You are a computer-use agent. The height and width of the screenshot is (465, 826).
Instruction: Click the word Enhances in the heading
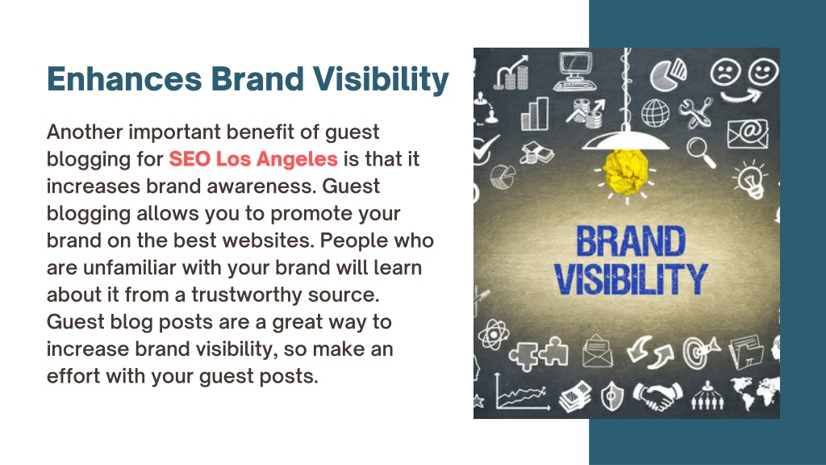pyautogui.click(x=124, y=79)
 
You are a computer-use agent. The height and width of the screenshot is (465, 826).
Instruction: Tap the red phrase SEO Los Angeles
pyautogui.click(x=252, y=159)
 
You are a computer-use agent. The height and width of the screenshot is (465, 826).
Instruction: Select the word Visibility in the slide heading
pyautogui.click(x=381, y=80)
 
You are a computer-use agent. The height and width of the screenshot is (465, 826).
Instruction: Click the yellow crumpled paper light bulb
pyautogui.click(x=625, y=171)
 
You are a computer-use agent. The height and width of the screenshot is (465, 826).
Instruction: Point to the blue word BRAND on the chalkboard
pyautogui.click(x=631, y=241)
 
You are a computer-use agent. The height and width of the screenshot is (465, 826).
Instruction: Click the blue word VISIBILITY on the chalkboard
pyautogui.click(x=631, y=279)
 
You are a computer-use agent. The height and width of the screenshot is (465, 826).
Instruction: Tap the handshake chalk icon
pyautogui.click(x=657, y=396)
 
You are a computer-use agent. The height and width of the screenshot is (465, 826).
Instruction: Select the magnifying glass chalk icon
pyautogui.click(x=702, y=152)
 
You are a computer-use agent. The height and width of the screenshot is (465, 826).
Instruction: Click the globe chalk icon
pyautogui.click(x=655, y=112)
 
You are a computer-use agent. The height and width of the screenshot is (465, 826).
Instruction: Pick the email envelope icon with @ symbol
pyautogui.click(x=748, y=134)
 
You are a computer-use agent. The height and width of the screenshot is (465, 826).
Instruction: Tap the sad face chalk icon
pyautogui.click(x=725, y=72)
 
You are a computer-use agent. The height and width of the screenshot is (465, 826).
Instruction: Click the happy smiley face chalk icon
pyautogui.click(x=763, y=71)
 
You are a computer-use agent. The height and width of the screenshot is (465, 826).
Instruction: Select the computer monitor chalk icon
pyautogui.click(x=574, y=71)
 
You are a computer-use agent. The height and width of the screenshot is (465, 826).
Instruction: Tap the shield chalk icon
pyautogui.click(x=612, y=396)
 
